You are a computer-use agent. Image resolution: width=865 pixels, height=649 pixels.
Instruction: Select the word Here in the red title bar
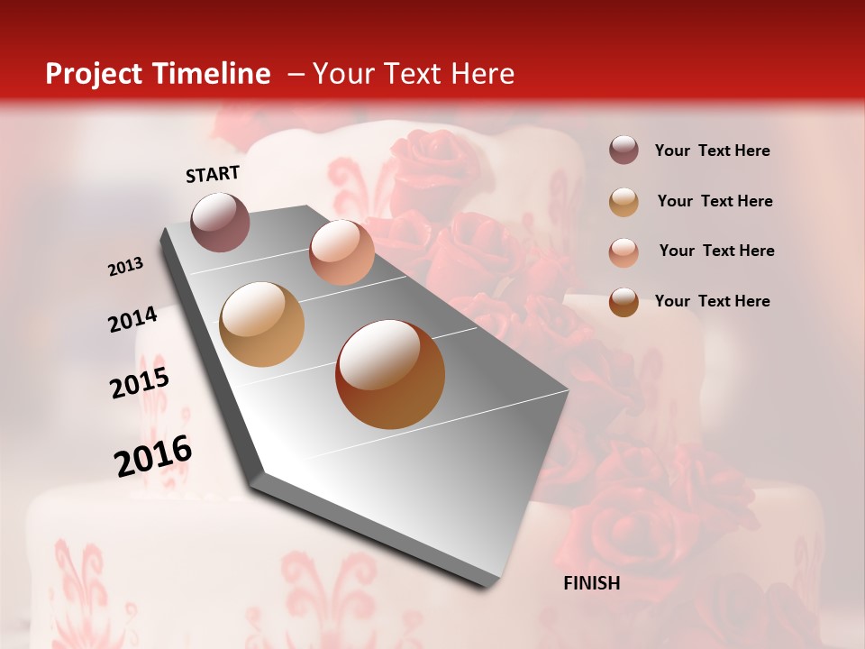coord(482,74)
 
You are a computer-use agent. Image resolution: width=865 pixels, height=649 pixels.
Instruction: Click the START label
coord(213,174)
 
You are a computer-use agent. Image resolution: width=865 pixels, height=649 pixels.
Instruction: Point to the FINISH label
coord(591,583)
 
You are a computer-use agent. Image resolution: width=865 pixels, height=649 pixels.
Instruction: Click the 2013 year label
coord(126,267)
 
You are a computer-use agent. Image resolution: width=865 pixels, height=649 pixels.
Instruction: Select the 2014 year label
coord(132,320)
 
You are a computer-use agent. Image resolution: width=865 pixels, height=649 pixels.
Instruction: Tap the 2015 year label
coord(140,383)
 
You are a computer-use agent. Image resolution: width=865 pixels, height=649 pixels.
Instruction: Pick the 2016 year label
coord(153,456)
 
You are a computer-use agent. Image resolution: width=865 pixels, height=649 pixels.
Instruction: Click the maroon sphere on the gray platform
coord(221,222)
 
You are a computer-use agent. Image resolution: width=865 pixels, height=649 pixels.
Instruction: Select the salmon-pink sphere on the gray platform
coord(341,251)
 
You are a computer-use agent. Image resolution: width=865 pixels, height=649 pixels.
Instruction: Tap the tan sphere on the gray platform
coord(261,324)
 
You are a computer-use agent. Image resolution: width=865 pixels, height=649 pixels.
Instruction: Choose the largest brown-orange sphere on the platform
coord(390,374)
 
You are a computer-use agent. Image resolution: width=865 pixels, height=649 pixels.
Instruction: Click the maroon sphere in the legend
coord(624,151)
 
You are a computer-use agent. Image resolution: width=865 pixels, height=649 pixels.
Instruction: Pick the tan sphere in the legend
coord(624,201)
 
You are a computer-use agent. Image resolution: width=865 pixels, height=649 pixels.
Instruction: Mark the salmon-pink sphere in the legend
coord(624,251)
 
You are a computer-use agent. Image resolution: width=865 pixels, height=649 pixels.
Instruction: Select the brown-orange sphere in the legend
coord(624,302)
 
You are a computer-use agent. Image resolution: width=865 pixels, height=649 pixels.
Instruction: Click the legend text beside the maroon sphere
coord(712,151)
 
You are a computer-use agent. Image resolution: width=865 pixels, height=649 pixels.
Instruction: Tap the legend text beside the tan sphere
coord(715,201)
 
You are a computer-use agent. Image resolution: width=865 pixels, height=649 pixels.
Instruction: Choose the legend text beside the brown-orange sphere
coord(712,301)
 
